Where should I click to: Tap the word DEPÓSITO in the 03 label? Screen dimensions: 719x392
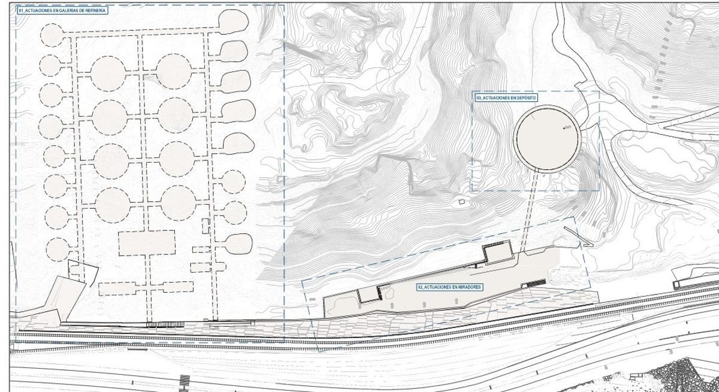pos(526,98)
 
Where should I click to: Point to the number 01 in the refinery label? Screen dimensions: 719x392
pos(21,11)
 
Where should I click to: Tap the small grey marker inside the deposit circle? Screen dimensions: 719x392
pos(567,128)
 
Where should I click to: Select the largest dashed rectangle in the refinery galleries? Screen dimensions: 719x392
pos(147,243)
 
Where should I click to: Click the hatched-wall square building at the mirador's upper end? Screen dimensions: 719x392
pos(498,251)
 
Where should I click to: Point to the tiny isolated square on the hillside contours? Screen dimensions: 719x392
pos(462,202)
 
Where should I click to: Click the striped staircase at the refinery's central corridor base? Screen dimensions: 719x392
pos(165,325)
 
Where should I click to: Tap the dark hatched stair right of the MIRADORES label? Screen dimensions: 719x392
pos(534,283)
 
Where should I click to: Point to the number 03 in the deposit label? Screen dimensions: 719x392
pos(479,98)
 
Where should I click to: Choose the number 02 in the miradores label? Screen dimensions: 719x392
pos(421,287)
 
